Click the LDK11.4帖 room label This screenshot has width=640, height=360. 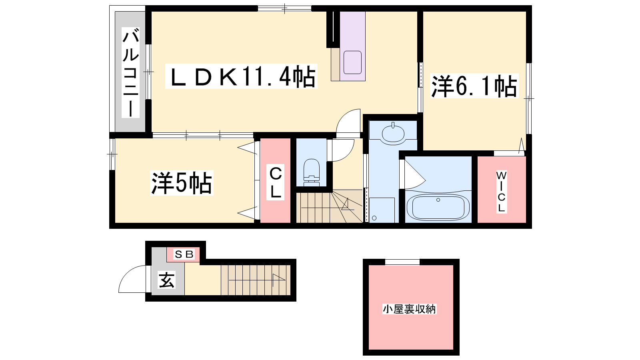click(242, 76)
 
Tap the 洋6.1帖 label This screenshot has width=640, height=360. click(474, 86)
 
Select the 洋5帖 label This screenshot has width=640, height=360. click(182, 183)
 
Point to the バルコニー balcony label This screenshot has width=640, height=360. click(130, 72)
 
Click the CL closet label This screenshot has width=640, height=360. click(276, 182)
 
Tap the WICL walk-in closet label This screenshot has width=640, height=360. click(502, 192)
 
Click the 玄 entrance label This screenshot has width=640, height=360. click(166, 280)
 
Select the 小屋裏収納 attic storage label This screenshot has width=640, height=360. click(410, 309)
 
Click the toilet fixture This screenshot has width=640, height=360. click(312, 172)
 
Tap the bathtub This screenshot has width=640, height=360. click(438, 207)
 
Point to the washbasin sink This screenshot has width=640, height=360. click(393, 132)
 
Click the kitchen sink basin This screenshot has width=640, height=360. click(352, 62)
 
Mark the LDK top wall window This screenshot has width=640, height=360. click(284, 8)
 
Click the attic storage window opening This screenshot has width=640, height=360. click(402, 262)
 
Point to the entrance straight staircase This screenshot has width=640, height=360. click(256, 280)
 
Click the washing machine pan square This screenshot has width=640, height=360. click(382, 210)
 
